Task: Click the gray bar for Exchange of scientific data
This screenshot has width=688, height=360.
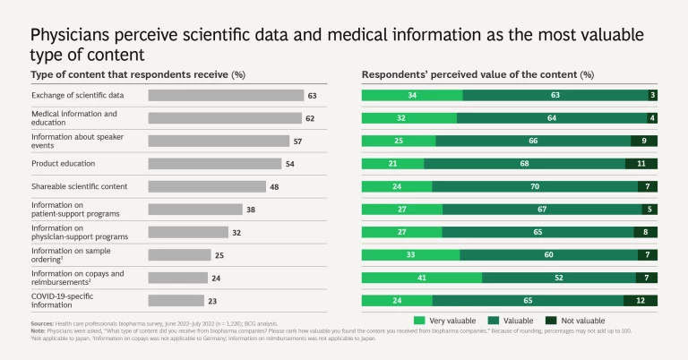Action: pos(226,95)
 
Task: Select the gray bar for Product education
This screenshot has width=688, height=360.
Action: pos(214,164)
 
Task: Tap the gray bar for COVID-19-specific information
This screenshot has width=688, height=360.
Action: pos(176,301)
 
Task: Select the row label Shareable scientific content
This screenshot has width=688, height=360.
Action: pos(80,186)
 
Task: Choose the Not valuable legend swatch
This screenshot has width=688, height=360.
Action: pos(551,321)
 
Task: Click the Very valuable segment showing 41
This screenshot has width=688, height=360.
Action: pos(421,278)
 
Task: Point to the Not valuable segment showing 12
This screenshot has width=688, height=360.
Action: pos(641,301)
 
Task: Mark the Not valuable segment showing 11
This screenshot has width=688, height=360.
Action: pos(641,164)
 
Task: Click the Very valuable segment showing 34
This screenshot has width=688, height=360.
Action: pos(411,95)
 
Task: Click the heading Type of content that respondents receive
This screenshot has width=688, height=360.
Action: pos(138,74)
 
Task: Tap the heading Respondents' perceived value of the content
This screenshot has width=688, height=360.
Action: pos(477,74)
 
